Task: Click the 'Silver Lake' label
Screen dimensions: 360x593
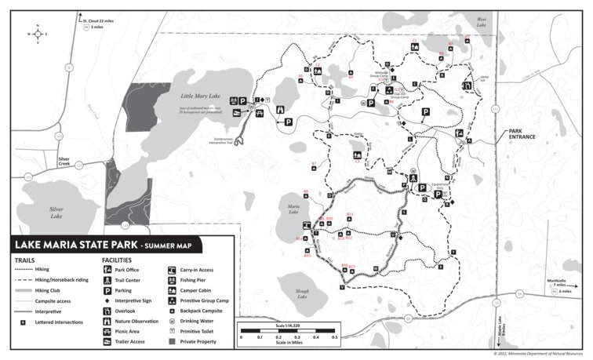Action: point(56,212)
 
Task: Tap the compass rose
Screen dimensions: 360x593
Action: point(36,34)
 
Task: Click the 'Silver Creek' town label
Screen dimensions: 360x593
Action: point(69,160)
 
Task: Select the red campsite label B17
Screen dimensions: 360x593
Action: point(352,267)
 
